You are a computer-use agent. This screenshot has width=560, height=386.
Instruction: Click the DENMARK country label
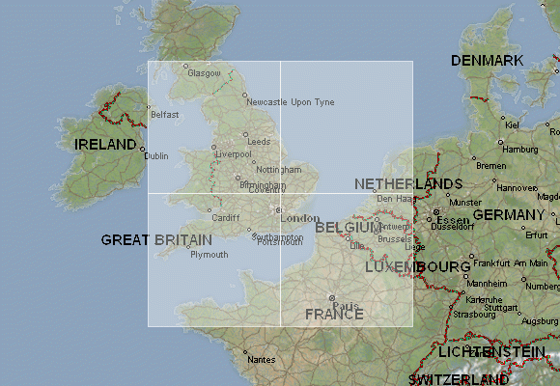pyautogui.click(x=487, y=61)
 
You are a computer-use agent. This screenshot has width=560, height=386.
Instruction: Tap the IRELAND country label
pyautogui.click(x=105, y=144)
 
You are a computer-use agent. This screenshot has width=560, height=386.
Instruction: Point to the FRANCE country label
pyautogui.click(x=333, y=315)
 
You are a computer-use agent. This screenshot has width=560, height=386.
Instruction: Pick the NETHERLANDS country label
pyautogui.click(x=407, y=183)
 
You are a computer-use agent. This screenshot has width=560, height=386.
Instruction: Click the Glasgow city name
pyautogui.click(x=205, y=73)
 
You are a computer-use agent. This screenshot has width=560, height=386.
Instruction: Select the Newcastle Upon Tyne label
pyautogui.click(x=291, y=102)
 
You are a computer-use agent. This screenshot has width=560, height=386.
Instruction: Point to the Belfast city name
pyautogui.click(x=166, y=115)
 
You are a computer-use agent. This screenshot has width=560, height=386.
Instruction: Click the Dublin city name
pyautogui.click(x=156, y=155)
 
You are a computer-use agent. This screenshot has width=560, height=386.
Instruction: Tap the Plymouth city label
pyautogui.click(x=210, y=255)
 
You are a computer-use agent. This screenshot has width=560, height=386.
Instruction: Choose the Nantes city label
pyautogui.click(x=261, y=359)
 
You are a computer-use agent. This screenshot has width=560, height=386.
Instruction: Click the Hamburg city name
pyautogui.click(x=520, y=150)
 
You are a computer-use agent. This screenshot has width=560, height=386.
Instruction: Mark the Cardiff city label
pyautogui.click(x=225, y=218)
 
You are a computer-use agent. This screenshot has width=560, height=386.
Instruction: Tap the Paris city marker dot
pyautogui.click(x=331, y=298)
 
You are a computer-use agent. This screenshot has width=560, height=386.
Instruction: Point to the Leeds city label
pyautogui.click(x=259, y=142)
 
